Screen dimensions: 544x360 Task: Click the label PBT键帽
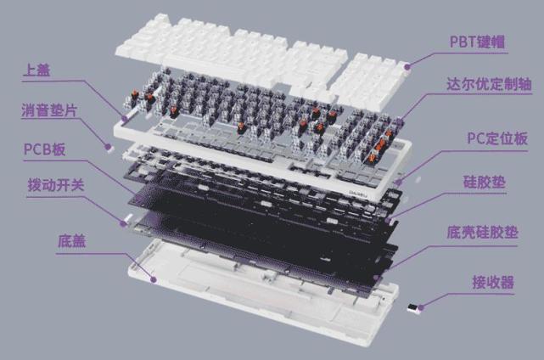point(477,42)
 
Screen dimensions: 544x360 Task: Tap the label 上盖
point(36,70)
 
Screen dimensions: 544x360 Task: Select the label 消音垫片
point(49,110)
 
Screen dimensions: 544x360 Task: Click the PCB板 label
point(44,149)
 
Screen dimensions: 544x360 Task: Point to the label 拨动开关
point(55,185)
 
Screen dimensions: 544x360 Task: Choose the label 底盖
point(71,241)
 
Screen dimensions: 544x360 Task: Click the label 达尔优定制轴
point(489,84)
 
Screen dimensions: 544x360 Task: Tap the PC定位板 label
point(497,138)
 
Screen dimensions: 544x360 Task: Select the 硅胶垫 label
point(485,183)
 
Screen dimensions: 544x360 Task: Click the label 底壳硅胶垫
point(482,233)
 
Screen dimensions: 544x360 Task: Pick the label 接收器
point(493,282)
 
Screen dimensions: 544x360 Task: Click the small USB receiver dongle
point(412,308)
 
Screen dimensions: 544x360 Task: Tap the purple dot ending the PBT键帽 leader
point(407,66)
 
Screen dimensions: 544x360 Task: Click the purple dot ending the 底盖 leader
point(153,279)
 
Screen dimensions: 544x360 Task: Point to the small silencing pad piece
point(109,147)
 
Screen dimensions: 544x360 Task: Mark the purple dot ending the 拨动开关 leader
point(123,223)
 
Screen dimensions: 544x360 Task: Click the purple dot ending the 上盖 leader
point(125,119)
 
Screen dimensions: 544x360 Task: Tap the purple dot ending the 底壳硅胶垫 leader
point(377,278)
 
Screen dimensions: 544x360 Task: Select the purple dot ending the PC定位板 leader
point(399,182)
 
